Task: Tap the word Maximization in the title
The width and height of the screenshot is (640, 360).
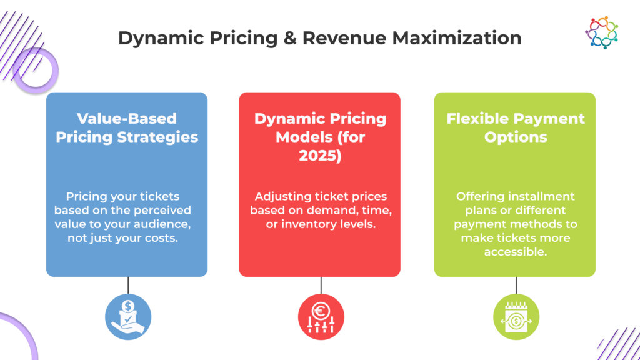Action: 457,38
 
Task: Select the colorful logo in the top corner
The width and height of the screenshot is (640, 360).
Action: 602,32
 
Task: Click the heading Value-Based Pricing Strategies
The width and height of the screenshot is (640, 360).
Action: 127,127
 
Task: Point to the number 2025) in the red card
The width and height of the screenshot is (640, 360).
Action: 320,156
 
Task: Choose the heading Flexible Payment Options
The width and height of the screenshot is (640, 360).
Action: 516,127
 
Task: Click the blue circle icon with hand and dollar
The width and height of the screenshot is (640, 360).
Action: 128,317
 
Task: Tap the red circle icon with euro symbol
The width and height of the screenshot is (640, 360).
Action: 321,317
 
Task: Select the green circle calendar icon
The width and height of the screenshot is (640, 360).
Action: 516,317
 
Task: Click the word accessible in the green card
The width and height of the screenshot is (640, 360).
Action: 516,252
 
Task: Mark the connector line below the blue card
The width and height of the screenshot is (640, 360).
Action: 128,285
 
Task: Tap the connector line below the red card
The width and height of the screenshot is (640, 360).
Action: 321,285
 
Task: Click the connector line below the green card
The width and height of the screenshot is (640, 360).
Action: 516,285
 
